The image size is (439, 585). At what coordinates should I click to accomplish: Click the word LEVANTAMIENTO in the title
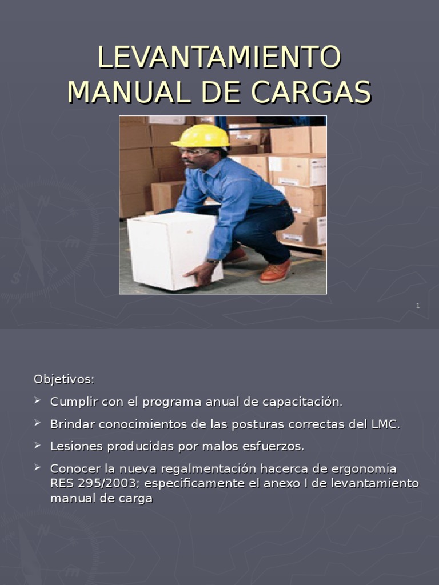[x=219, y=57]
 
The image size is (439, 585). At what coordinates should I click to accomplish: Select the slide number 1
[x=418, y=306]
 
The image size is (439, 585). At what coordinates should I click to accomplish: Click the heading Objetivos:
[x=64, y=379]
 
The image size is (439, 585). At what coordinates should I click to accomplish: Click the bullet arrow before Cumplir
[x=38, y=401]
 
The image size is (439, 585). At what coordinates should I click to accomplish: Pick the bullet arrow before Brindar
[x=38, y=423]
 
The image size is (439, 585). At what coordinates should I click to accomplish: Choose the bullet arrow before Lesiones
[x=38, y=445]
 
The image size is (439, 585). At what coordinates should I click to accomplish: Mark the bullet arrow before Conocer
[x=38, y=467]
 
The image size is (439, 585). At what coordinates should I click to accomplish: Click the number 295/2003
[x=110, y=483]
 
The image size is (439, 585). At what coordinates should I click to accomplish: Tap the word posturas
[x=231, y=424]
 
